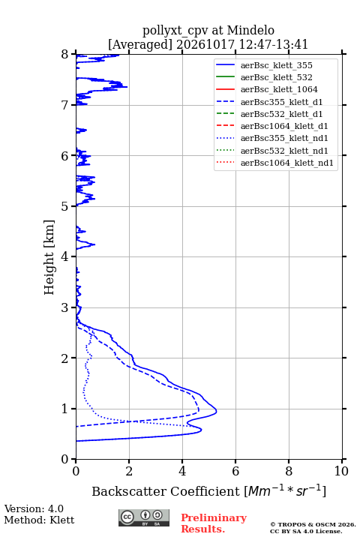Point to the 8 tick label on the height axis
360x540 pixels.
point(65,55)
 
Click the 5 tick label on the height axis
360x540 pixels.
point(65,207)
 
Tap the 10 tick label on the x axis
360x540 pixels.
point(341,471)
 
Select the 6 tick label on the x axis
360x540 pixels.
point(235,471)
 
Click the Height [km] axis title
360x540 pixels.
point(49,257)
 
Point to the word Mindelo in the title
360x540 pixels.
point(250,30)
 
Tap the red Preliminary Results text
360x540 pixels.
point(214,523)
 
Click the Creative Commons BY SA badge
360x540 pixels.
point(144,517)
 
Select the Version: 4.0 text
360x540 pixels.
point(34,509)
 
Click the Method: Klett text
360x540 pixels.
point(39,520)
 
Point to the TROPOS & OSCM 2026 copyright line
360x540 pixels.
point(313,524)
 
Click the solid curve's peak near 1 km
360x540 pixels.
point(216,411)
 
